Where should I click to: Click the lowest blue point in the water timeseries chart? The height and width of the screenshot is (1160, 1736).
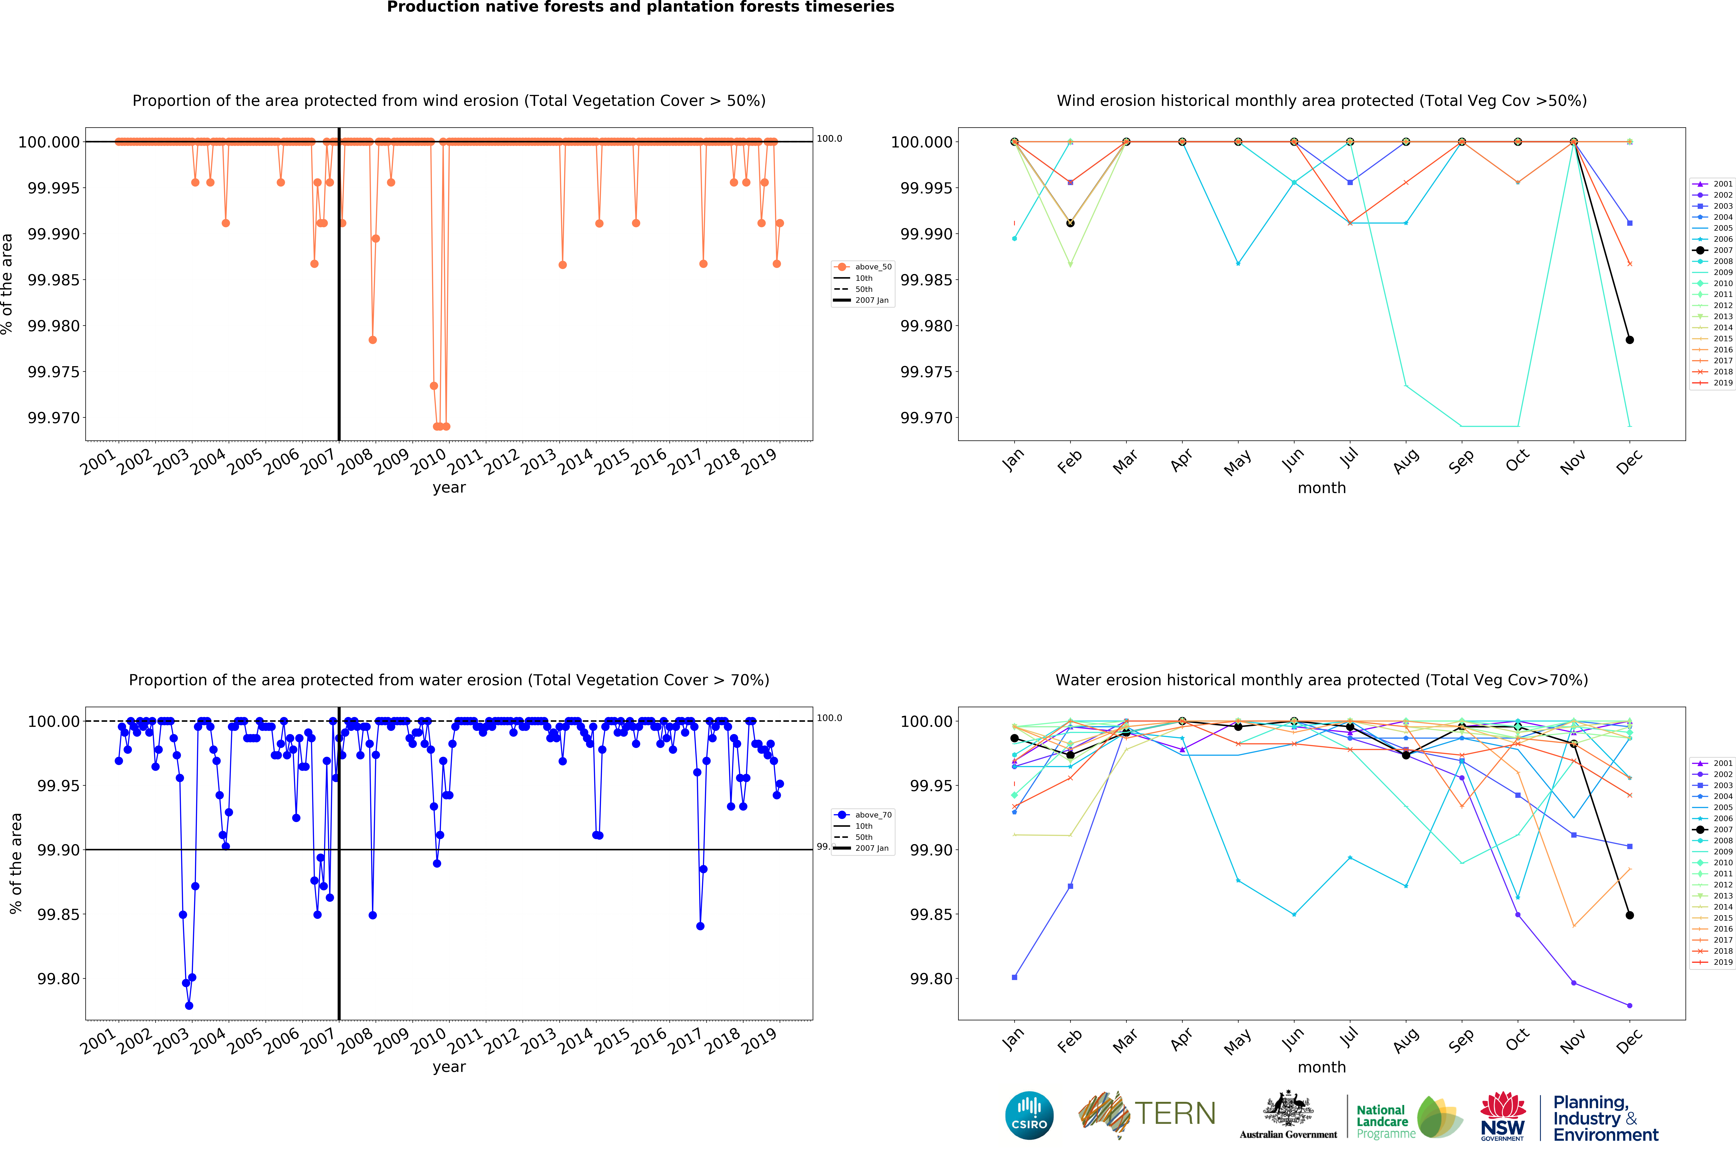(189, 1005)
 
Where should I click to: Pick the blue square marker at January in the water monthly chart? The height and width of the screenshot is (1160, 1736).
(1014, 977)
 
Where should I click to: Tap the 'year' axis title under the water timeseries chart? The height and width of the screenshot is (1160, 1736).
(449, 1067)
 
